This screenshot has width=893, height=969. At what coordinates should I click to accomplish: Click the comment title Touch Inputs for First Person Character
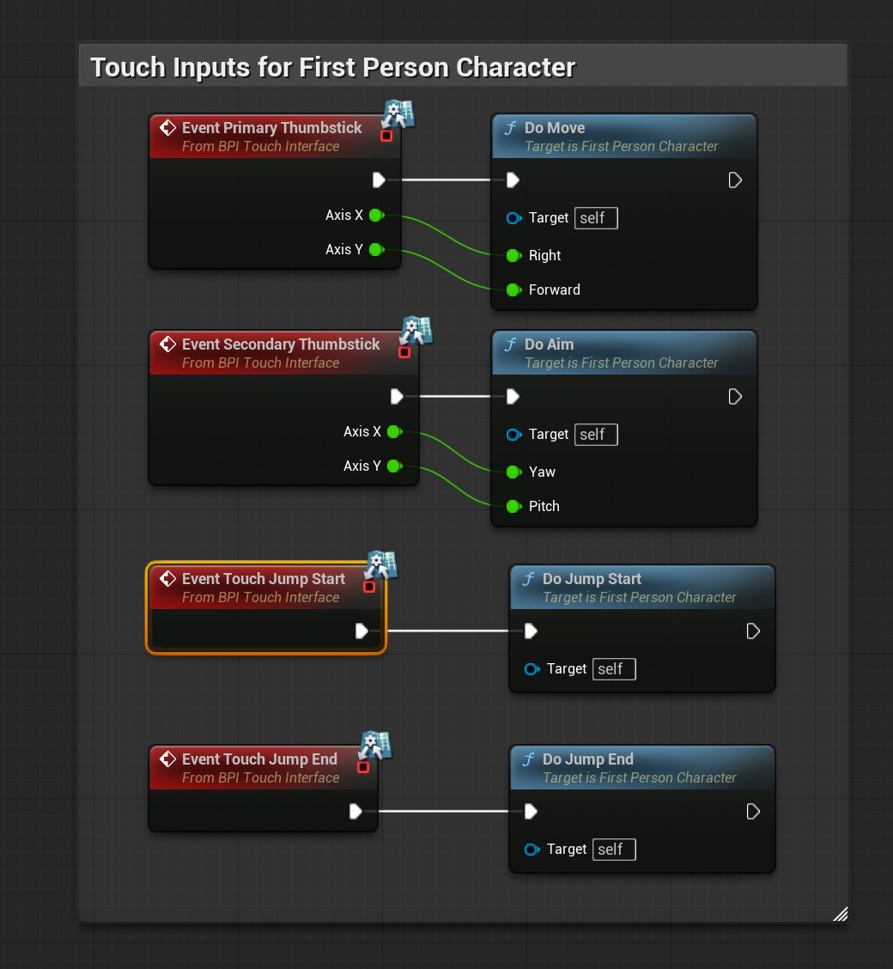coord(332,67)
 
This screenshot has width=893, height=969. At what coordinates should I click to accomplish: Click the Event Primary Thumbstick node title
coord(271,128)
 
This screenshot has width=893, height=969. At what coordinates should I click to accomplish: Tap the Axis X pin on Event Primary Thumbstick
coord(375,216)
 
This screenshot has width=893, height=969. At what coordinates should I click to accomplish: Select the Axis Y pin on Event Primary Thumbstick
coord(375,250)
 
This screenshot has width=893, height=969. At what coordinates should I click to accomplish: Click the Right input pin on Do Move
coord(513,255)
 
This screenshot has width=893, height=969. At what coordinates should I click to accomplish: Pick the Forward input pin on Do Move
coord(513,289)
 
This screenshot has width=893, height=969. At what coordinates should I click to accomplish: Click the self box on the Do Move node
coord(595,218)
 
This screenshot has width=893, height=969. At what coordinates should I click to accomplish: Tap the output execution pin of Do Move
coord(735,180)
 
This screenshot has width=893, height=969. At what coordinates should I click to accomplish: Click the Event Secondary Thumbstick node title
coord(281,344)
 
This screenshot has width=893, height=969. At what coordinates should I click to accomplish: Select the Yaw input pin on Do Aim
coord(513,472)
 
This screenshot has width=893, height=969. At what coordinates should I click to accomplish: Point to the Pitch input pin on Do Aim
coord(513,506)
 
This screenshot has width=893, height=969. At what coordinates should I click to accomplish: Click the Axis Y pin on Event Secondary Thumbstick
coord(393,466)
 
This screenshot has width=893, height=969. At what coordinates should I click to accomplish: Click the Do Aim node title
coord(549,344)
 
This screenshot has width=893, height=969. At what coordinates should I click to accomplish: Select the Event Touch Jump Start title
coord(263,579)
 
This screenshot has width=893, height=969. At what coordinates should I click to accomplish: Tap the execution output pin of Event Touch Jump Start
coord(361,631)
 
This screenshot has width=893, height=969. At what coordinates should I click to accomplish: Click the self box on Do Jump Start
coord(613,669)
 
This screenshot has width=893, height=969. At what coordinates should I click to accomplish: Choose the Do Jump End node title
coord(587,759)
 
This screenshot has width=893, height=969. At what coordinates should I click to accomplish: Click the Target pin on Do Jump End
coord(532,850)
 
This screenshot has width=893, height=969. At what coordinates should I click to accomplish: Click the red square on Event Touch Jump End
coord(363,767)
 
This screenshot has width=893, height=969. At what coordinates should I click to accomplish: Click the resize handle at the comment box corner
coord(841,914)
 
